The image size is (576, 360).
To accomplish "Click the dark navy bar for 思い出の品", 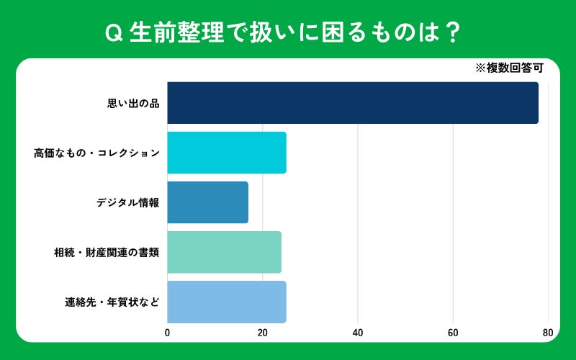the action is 353,103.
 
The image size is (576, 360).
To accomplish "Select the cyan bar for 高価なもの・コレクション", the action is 227,153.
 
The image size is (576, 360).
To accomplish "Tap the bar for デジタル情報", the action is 207,202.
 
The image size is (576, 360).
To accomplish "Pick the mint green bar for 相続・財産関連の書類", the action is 225,252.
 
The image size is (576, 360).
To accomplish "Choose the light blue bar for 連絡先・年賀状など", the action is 227,302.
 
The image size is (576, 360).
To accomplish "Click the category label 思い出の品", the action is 133,104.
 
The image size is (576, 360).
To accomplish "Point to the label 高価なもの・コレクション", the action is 97,153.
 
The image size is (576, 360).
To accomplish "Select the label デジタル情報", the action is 128,202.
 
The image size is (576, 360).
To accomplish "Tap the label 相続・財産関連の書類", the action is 107,253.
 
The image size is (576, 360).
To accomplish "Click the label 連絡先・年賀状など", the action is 112,302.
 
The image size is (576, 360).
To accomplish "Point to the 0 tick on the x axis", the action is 168,333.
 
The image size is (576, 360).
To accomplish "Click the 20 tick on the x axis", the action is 262,333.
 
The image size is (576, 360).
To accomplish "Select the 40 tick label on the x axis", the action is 357,333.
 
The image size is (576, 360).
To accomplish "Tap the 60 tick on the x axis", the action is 453,333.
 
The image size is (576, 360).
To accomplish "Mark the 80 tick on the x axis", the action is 548,333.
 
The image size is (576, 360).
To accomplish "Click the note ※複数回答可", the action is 509,68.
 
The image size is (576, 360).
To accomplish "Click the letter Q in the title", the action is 114,33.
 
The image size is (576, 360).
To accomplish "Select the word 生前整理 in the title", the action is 176,32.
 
